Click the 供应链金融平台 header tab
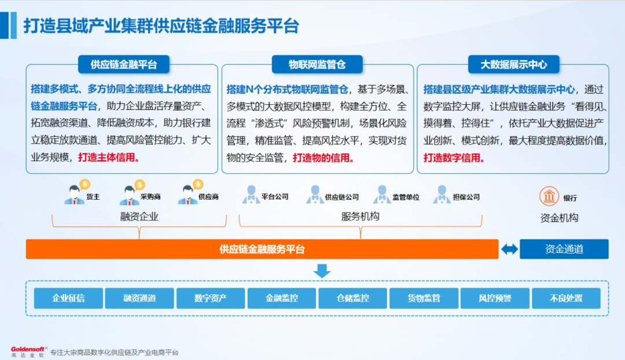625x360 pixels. point(123,64)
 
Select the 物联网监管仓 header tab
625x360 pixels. point(317,64)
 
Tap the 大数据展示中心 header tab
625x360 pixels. point(513,64)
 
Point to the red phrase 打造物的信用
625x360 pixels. point(323,157)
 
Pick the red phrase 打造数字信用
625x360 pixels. point(454,157)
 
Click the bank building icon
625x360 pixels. point(549,196)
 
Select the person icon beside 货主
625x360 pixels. point(73,194)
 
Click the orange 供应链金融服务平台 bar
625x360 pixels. point(262,249)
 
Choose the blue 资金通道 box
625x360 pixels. point(564,249)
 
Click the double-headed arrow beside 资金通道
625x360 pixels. point(509,249)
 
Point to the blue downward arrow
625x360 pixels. point(322,271)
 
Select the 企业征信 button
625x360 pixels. point(68,298)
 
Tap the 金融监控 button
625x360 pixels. point(282,298)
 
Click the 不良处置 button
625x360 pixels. point(566,298)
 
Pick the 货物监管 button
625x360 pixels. point(424,298)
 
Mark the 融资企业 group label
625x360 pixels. point(139,216)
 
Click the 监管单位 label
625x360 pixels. point(406,197)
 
